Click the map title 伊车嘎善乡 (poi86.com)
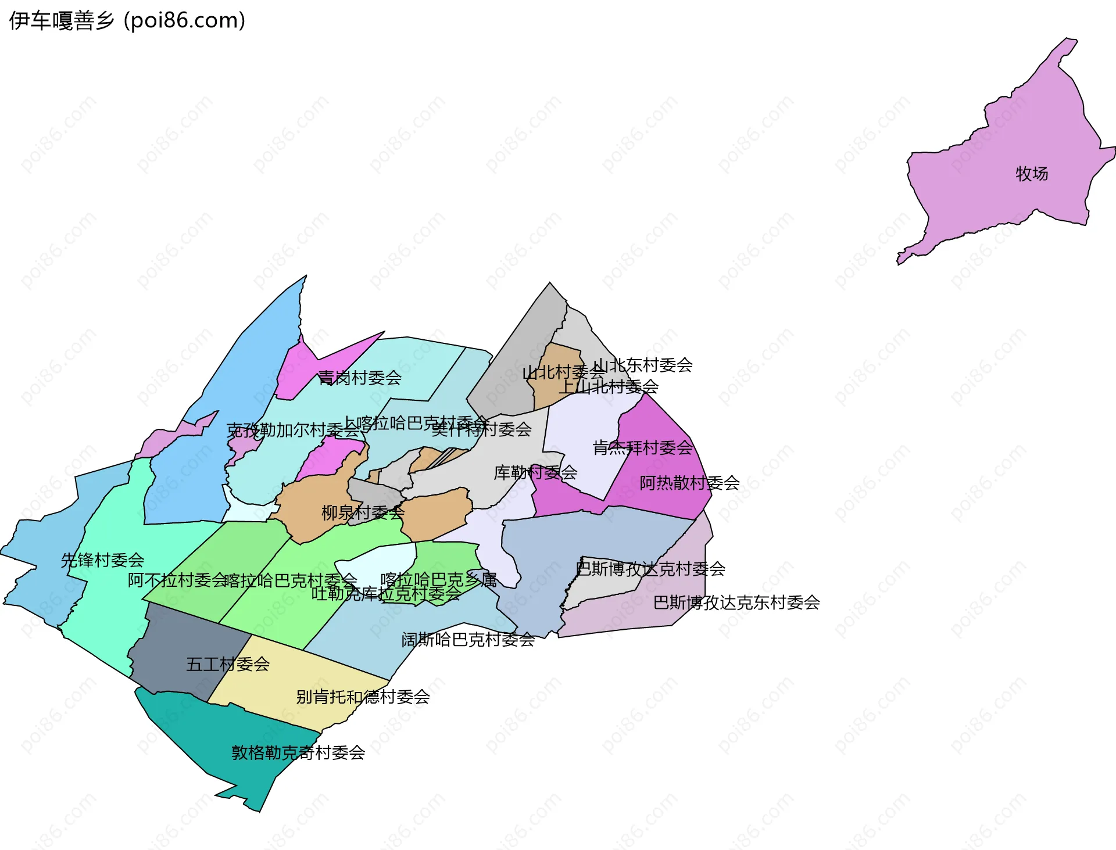tap(127, 20)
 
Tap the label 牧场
tap(1032, 174)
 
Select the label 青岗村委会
tap(360, 378)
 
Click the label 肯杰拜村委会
tap(643, 447)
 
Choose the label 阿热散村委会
tap(689, 483)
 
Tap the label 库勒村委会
tap(535, 472)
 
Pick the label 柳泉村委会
tap(363, 512)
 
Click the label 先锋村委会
tap(102, 560)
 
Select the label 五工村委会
tap(228, 664)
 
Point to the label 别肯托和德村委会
tap(363, 697)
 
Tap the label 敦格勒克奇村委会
tap(298, 752)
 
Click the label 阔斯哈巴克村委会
tap(468, 640)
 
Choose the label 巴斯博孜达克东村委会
tap(736, 602)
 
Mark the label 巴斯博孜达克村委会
tap(650, 568)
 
